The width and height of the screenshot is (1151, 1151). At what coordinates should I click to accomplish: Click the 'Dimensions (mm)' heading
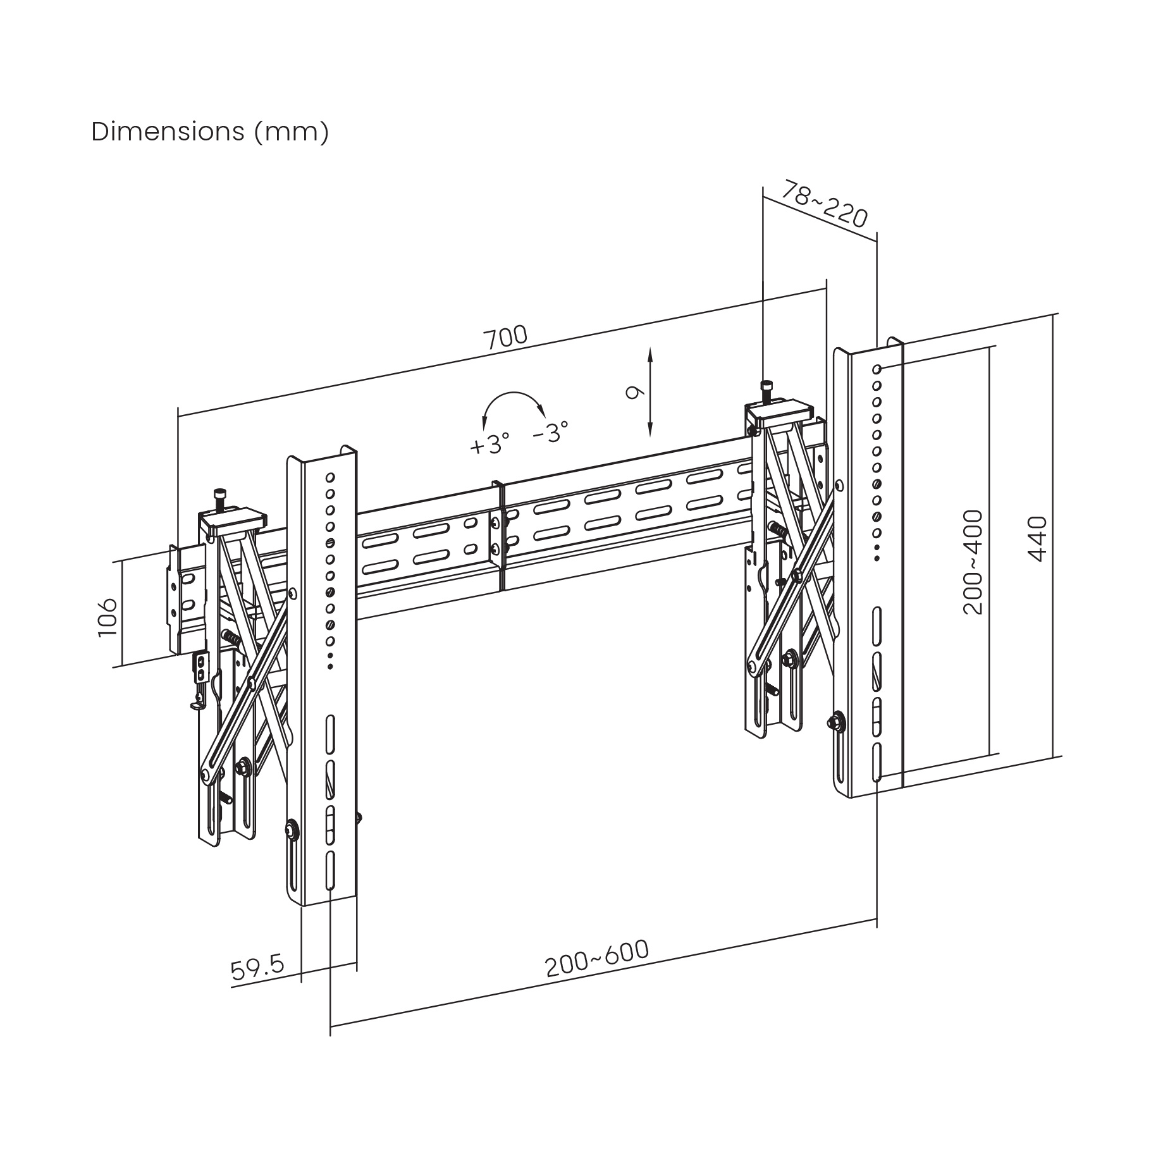coord(210,132)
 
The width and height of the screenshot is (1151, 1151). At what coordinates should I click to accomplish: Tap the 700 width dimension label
coord(505,337)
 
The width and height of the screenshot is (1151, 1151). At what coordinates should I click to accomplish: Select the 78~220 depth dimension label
coord(825,204)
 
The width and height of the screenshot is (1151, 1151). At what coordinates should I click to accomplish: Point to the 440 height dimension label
coord(1037,539)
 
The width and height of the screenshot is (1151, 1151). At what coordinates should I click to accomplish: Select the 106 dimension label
coord(108,617)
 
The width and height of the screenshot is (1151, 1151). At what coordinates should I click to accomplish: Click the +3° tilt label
coord(489,445)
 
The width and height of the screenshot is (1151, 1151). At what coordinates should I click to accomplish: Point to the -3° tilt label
coord(550,433)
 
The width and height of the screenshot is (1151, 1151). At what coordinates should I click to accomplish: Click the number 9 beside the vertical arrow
coord(633,393)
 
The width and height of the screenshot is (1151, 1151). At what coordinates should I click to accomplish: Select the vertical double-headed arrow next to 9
coord(650,392)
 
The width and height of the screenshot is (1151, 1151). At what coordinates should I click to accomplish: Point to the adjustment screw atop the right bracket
coord(767,390)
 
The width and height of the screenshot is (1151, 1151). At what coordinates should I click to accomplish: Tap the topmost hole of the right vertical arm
coord(877,369)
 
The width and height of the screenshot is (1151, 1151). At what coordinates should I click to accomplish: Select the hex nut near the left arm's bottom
coord(292,828)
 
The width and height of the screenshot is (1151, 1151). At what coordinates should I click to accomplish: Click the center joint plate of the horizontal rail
coord(500,536)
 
